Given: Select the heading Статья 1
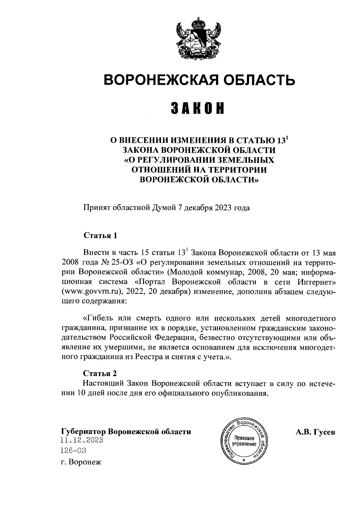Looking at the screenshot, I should pyautogui.click(x=100, y=235).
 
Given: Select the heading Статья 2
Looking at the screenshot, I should pyautogui.click(x=100, y=373).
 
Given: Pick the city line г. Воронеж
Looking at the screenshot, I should pyautogui.click(x=81, y=462).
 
